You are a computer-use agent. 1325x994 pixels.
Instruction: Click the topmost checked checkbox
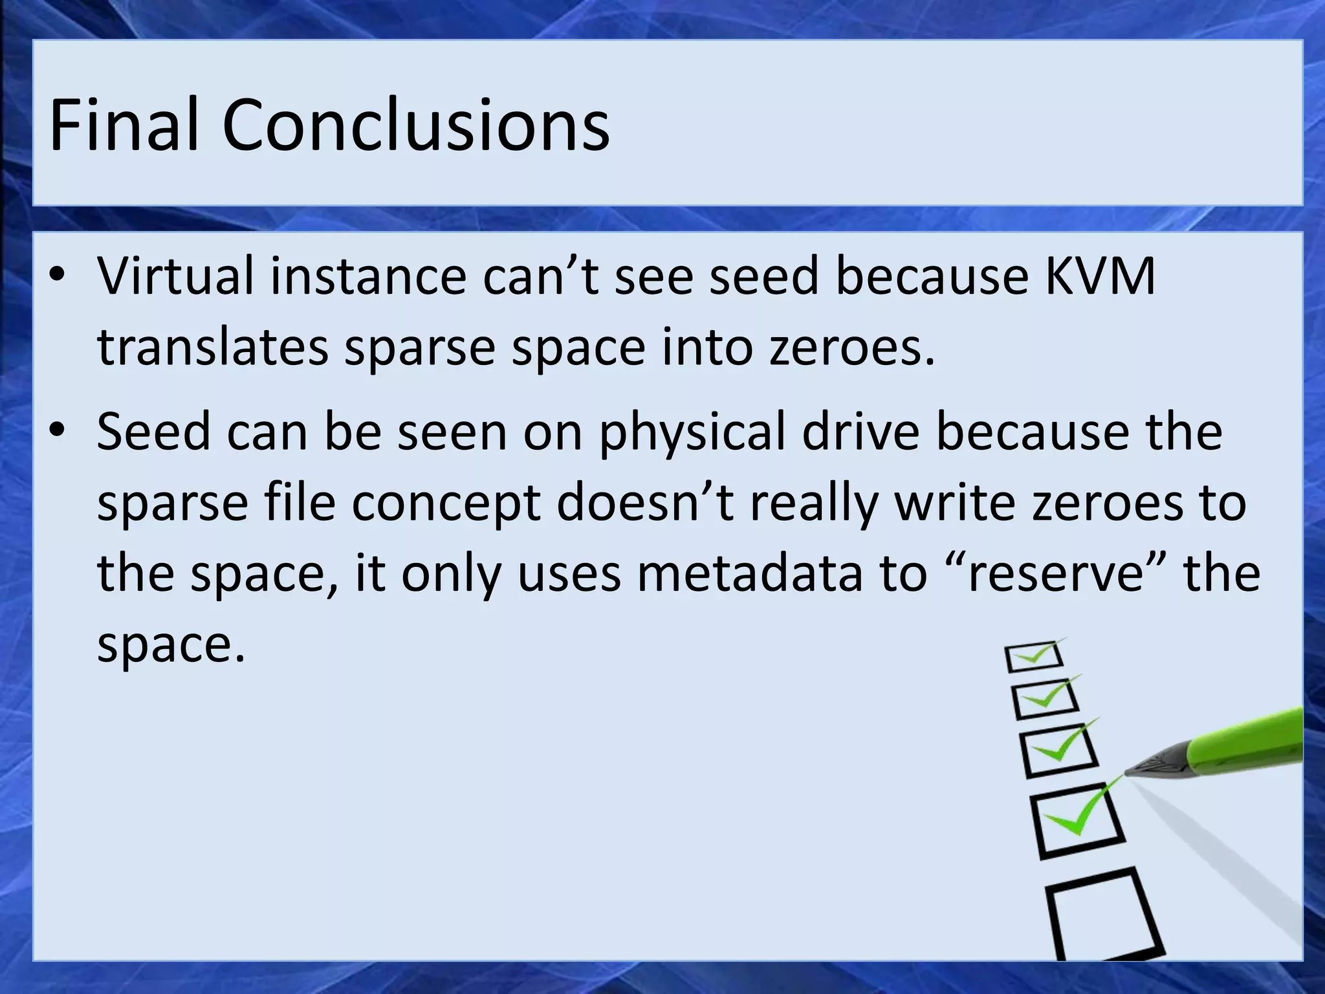tap(1034, 656)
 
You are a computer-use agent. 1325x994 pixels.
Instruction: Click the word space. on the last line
tap(171, 645)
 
